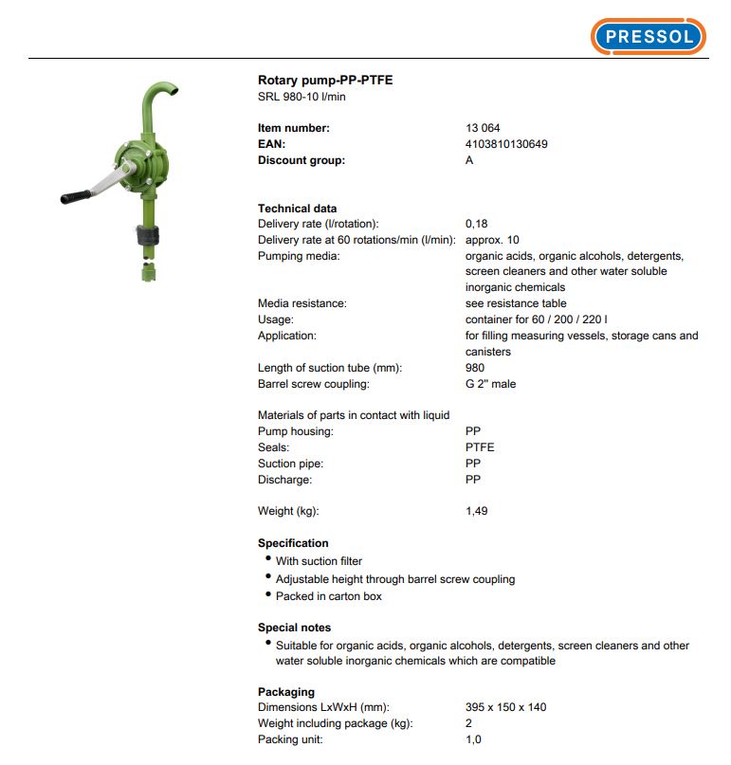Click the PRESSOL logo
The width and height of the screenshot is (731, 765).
click(649, 37)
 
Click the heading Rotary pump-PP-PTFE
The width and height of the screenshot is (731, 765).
click(325, 81)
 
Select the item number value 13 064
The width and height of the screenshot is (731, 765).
click(483, 128)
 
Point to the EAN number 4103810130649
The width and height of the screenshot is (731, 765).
click(506, 144)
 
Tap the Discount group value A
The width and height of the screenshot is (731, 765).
click(469, 160)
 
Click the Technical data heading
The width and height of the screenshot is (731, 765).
click(297, 209)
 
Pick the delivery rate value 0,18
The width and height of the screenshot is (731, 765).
click(476, 224)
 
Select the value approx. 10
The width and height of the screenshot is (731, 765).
click(492, 240)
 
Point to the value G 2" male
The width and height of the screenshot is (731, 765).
click(490, 384)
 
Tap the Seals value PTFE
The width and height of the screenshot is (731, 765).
click(480, 447)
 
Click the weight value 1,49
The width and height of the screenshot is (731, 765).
click(476, 512)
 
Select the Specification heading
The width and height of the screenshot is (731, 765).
click(293, 543)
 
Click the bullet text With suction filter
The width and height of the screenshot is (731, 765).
click(319, 561)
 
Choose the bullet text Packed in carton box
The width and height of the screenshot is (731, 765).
click(329, 596)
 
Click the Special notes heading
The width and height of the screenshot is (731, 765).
click(294, 628)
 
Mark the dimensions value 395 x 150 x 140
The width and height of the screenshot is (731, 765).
click(505, 707)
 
